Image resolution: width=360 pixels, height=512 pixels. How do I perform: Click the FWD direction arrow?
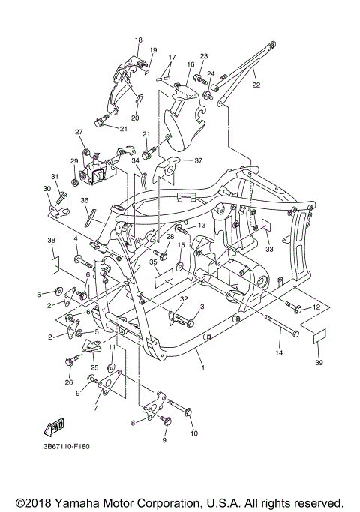[54, 426]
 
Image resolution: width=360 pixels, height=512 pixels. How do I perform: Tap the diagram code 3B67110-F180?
[66, 446]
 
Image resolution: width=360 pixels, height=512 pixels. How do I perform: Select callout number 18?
[139, 40]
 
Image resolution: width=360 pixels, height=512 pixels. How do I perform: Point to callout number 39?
[319, 363]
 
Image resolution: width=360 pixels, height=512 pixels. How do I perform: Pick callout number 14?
[279, 352]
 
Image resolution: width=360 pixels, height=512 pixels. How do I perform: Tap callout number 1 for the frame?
[203, 367]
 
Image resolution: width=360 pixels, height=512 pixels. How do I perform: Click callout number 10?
[194, 433]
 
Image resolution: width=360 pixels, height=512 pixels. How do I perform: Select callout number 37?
[199, 160]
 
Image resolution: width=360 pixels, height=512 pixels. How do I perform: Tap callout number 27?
[79, 132]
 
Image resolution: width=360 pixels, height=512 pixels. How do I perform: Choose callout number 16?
[190, 64]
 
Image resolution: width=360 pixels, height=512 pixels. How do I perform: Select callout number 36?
[84, 200]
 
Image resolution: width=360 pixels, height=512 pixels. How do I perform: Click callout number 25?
[94, 367]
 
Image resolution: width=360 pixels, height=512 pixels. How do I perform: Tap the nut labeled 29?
[74, 182]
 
